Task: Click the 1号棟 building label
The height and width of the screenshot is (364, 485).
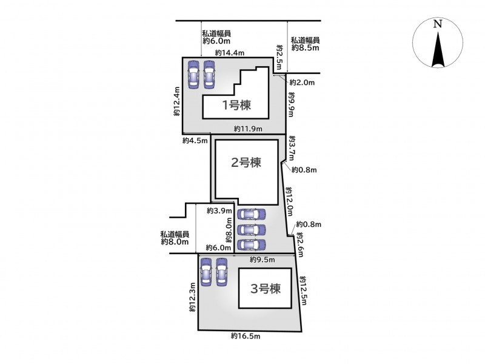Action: pyautogui.click(x=236, y=105)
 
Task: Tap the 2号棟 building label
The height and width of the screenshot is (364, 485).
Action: pyautogui.click(x=246, y=163)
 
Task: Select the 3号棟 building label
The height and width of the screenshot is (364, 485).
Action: pyautogui.click(x=266, y=289)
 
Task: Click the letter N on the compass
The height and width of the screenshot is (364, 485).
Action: pyautogui.click(x=437, y=24)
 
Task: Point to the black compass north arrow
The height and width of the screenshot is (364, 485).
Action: pyautogui.click(x=438, y=50)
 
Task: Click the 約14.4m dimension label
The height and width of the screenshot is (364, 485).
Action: pyautogui.click(x=230, y=53)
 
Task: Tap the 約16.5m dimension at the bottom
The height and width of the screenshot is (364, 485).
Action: pyautogui.click(x=246, y=336)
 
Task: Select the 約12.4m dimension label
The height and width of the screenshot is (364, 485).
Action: pyautogui.click(x=177, y=101)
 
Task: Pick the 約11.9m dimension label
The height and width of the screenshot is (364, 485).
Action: pyautogui.click(x=248, y=129)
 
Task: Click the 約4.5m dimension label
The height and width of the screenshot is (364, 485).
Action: pyautogui.click(x=195, y=141)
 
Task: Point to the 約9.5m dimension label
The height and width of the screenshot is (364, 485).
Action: pyautogui.click(x=263, y=260)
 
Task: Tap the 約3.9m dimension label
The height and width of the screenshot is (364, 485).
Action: pyautogui.click(x=219, y=211)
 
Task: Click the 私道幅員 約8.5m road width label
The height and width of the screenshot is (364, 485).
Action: pyautogui.click(x=305, y=44)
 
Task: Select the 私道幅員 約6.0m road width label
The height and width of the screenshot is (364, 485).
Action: pyautogui.click(x=216, y=37)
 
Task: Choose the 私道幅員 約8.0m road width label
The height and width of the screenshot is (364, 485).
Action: pyautogui.click(x=175, y=238)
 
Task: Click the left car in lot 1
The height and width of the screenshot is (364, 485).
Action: pyautogui.click(x=193, y=74)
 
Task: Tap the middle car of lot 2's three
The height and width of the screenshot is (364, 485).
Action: pyautogui.click(x=251, y=230)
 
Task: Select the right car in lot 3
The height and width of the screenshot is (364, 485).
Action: pyautogui.click(x=222, y=272)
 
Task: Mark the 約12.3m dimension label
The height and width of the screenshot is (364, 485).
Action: pyautogui.click(x=192, y=297)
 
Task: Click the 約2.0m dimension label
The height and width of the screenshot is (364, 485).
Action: pyautogui.click(x=302, y=83)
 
